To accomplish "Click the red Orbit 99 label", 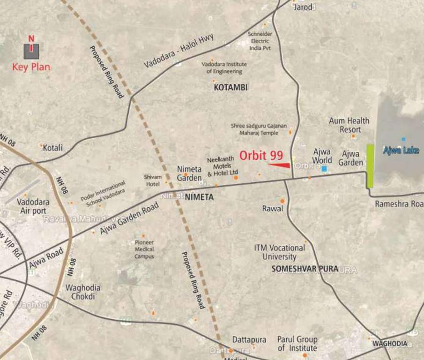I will [x=261, y=155].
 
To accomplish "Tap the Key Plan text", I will [x=31, y=67].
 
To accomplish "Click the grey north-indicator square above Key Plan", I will [x=31, y=51].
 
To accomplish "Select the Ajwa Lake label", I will [x=401, y=150].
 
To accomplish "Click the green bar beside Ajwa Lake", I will [x=370, y=166].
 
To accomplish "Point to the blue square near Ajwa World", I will [x=324, y=168].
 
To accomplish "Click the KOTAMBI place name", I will [x=231, y=87].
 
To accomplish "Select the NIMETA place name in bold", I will [x=199, y=197].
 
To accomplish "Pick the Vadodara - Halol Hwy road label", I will [x=179, y=51].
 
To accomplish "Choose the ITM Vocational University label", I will [x=279, y=252].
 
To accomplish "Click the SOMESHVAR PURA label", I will [x=305, y=269].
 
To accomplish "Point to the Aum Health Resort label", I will [x=349, y=125].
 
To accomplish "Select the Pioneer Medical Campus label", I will [x=144, y=249].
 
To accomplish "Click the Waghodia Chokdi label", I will [x=83, y=292].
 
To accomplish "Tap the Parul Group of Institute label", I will [x=297, y=344].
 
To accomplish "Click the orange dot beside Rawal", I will [x=283, y=201].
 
